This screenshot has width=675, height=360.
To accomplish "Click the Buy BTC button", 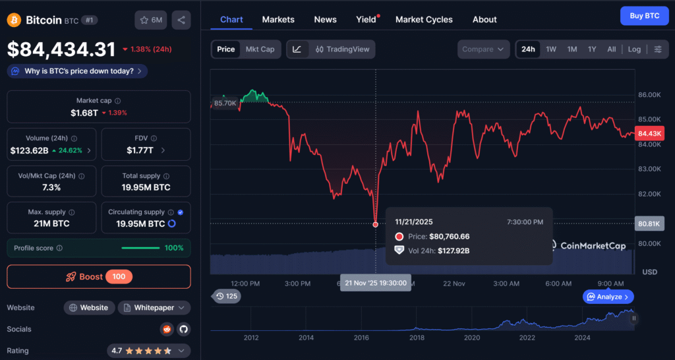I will (639, 15).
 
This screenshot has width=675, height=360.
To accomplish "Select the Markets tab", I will (278, 19).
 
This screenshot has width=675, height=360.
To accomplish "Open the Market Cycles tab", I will (424, 19).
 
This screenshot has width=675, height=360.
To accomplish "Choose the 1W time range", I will (551, 49).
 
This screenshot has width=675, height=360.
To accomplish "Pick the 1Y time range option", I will (592, 49).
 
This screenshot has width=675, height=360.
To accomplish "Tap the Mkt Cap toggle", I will (260, 49).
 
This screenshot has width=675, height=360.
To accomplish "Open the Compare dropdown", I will (484, 49).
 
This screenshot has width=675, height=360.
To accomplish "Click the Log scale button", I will (634, 49).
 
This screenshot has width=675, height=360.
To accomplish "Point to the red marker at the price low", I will (375, 224).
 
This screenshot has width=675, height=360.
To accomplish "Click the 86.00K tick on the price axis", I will (650, 95).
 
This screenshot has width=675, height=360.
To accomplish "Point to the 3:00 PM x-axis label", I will (297, 284).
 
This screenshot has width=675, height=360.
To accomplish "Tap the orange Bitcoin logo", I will (14, 20).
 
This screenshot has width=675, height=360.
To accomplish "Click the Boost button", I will (99, 276).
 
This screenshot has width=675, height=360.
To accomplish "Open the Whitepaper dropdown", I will (154, 308).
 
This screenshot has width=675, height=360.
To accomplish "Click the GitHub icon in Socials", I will (183, 329).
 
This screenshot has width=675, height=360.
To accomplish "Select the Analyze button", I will (608, 297).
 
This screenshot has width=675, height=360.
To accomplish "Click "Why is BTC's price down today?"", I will (77, 71).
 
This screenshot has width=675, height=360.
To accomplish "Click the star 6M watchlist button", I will (150, 20).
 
